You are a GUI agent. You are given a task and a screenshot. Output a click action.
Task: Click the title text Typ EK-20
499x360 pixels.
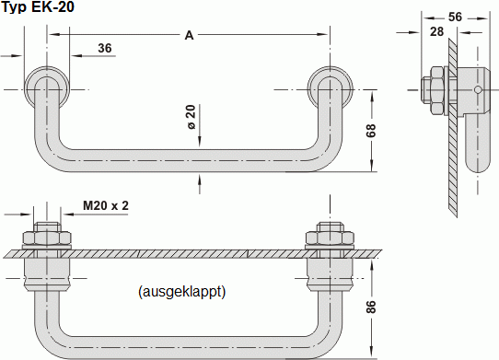point(39,7)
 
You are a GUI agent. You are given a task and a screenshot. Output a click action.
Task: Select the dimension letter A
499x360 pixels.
point(189,35)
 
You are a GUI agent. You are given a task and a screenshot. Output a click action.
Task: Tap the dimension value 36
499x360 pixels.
point(104,48)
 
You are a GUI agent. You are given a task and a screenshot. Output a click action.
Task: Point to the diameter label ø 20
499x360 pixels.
point(191,117)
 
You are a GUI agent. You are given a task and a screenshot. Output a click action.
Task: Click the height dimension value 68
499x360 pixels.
point(372,130)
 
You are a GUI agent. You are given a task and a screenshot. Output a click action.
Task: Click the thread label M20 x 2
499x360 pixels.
point(106,205)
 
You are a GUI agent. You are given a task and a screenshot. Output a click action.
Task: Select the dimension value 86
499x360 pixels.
point(372,307)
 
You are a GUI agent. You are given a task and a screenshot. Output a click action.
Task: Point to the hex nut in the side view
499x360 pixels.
point(433,89)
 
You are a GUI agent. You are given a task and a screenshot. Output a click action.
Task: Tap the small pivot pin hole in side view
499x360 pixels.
point(479,89)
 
